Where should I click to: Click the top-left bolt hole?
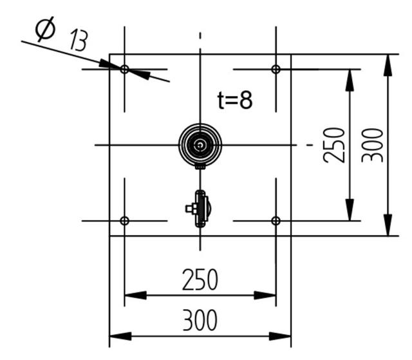(x=125, y=69)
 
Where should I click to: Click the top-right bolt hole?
(x=276, y=69)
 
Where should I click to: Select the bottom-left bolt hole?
(x=125, y=221)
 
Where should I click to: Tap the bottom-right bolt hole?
(x=276, y=221)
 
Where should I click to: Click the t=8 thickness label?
(x=234, y=100)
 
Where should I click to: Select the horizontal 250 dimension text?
(x=200, y=280)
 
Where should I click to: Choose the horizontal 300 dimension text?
(x=200, y=320)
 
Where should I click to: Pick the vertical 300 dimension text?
(x=374, y=145)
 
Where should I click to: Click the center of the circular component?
(x=201, y=145)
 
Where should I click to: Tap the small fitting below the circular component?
(x=200, y=209)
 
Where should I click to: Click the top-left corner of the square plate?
(x=110, y=54)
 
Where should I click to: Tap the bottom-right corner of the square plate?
(x=291, y=236)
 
